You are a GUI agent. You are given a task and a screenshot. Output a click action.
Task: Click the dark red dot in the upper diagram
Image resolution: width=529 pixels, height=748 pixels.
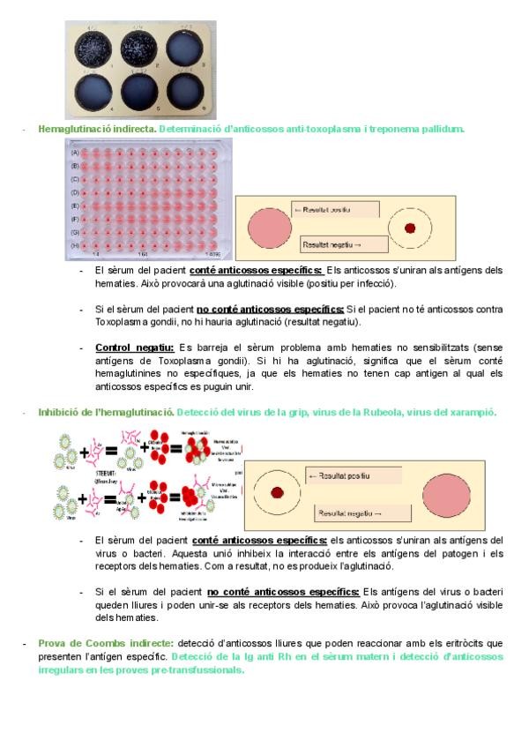coord(410,228)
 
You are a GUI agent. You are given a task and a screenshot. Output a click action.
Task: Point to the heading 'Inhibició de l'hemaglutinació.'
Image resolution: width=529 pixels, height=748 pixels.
coord(105,412)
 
